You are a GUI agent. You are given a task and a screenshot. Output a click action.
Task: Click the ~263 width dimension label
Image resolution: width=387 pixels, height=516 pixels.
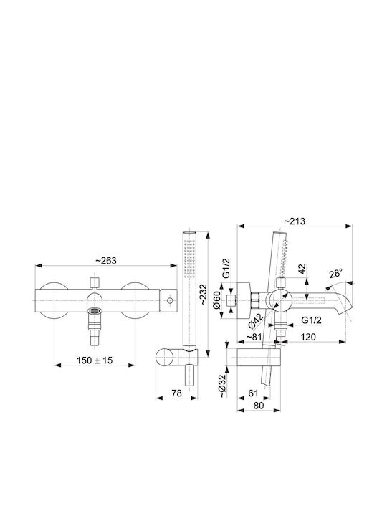(106, 261)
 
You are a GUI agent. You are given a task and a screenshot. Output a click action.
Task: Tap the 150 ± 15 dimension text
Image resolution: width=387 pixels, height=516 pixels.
(95, 360)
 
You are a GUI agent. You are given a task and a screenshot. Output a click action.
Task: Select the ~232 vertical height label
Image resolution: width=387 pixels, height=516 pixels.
(204, 294)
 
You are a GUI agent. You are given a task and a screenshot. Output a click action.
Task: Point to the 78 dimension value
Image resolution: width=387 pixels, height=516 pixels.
(176, 393)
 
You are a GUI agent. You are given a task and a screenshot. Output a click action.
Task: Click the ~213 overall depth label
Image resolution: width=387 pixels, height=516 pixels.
(295, 221)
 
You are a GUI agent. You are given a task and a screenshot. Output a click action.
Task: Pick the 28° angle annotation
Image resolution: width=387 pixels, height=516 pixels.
(335, 274)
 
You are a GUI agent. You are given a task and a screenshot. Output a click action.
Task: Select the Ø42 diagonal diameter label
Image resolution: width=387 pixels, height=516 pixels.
(256, 321)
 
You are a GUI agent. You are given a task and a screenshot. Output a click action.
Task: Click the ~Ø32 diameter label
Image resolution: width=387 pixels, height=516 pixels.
(223, 386)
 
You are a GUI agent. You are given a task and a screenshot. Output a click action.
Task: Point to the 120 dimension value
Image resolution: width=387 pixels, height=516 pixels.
(308, 337)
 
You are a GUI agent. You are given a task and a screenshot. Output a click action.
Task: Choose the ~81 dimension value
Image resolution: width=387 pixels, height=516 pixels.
(254, 337)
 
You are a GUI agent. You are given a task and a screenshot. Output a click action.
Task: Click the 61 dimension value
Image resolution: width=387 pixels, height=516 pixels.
(254, 393)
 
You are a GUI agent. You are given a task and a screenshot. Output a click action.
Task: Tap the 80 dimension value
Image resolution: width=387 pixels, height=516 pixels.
(259, 406)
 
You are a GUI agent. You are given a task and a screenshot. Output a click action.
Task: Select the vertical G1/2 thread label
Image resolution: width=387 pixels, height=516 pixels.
(227, 269)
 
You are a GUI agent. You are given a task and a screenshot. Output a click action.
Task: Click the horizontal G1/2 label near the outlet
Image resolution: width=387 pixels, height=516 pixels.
(311, 320)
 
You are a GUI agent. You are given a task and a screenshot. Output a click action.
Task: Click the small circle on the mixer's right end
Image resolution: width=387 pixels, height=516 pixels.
(170, 300)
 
